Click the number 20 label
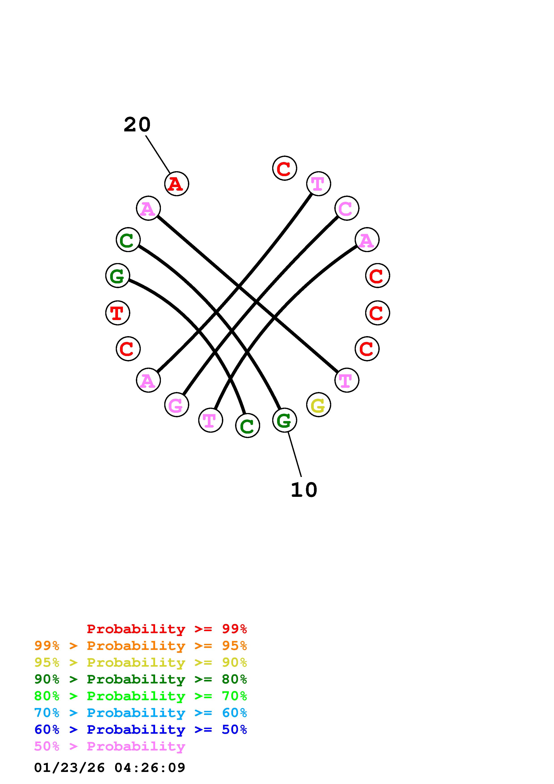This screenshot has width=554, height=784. (137, 125)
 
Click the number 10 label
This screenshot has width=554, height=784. (304, 490)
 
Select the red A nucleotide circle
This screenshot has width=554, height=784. (177, 184)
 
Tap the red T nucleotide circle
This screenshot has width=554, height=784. (117, 313)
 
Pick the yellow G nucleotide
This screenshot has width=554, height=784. (318, 405)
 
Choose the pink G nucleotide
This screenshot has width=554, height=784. (177, 405)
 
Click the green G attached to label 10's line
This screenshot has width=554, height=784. (284, 420)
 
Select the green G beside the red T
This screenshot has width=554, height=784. (117, 276)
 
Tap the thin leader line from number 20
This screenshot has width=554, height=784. (158, 154)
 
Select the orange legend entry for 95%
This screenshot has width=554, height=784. (140, 646)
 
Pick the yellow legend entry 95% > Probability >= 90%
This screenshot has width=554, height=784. (140, 662)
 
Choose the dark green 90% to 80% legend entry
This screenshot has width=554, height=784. (140, 679)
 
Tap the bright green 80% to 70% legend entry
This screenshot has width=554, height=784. (140, 696)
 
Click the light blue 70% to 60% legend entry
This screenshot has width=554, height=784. (140, 713)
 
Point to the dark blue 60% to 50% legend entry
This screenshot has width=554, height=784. (140, 729)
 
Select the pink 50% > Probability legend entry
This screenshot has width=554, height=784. (110, 746)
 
